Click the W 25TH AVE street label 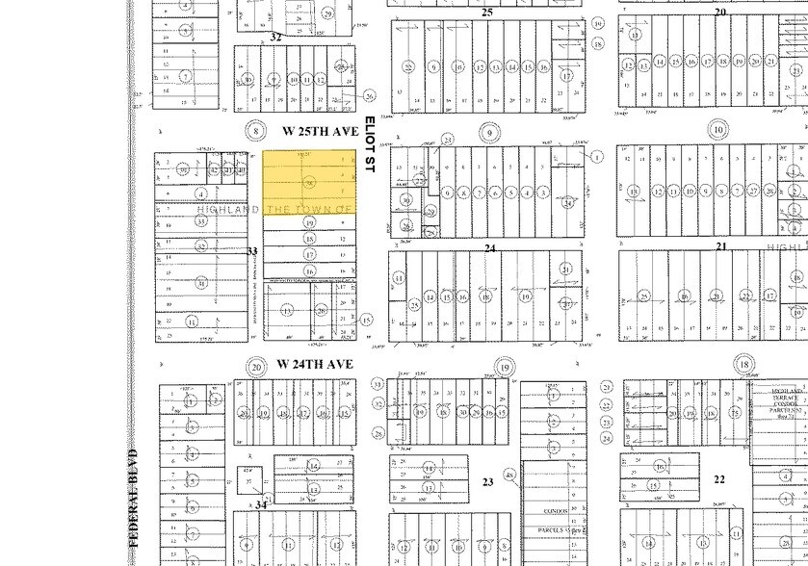point(320,130)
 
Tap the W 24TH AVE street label point(314,364)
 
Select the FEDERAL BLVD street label point(133,498)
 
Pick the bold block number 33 point(252,250)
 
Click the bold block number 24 point(490,248)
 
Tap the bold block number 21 point(720,246)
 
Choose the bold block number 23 point(487,481)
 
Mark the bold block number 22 point(718,478)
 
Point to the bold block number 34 point(261,504)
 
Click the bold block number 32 point(275,37)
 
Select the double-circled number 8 point(255,130)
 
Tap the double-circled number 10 point(717,130)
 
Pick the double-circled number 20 point(255,366)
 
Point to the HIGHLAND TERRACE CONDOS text point(778,399)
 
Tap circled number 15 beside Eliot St point(367,320)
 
